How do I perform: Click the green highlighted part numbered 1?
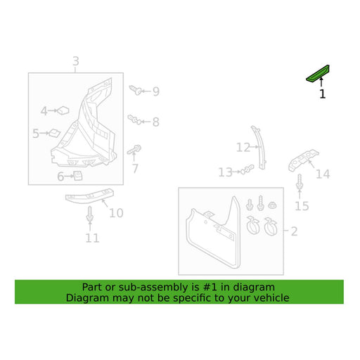(x=318, y=74)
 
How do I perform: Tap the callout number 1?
(x=323, y=94)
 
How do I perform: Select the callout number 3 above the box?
(x=76, y=61)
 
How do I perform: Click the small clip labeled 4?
(x=63, y=110)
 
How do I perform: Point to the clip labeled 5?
(x=54, y=133)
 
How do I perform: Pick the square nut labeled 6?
(x=78, y=176)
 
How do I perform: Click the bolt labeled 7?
(x=134, y=150)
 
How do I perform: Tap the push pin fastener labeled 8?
(x=135, y=120)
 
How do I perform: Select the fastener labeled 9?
(x=136, y=90)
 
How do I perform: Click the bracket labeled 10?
(x=90, y=196)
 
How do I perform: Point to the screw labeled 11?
(x=89, y=214)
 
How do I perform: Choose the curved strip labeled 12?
(x=259, y=147)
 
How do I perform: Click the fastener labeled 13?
(x=247, y=169)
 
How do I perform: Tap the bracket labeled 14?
(x=303, y=160)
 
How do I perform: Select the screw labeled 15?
(x=300, y=182)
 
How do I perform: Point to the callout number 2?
(x=294, y=231)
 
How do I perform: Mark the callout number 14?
(x=323, y=174)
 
